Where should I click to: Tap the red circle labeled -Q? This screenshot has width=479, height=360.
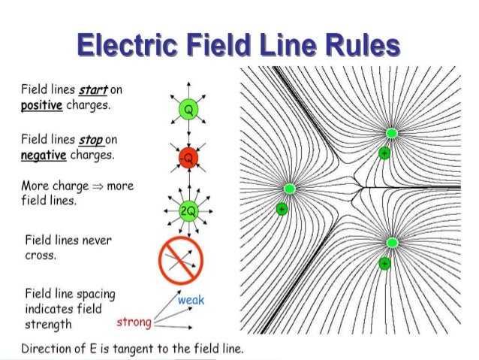pyautogui.click(x=188, y=158)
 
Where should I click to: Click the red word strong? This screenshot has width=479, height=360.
pyautogui.click(x=134, y=323)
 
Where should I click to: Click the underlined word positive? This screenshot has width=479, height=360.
pyautogui.click(x=41, y=104)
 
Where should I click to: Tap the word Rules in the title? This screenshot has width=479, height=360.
pyautogui.click(x=359, y=47)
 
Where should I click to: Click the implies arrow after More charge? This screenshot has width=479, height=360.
pyautogui.click(x=96, y=186)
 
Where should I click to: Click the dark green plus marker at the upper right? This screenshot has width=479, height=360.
pyautogui.click(x=384, y=153)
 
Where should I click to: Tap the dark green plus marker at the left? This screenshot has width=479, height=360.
pyautogui.click(x=282, y=209)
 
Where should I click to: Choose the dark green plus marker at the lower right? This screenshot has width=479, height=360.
pyautogui.click(x=384, y=263)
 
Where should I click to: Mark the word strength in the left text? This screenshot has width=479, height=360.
pyautogui.click(x=49, y=325)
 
